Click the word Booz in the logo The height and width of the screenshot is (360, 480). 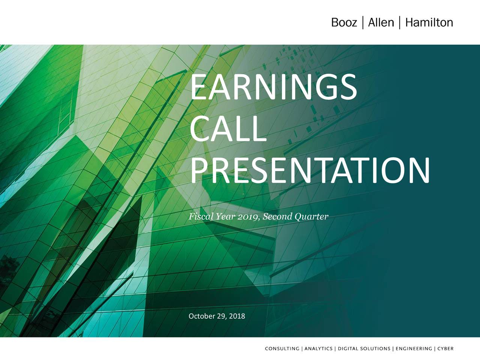click(344, 22)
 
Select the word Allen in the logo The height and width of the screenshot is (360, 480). click(381, 22)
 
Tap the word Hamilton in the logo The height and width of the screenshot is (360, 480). click(429, 22)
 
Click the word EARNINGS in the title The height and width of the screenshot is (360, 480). click(273, 87)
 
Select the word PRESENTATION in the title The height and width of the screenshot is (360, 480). click(310, 170)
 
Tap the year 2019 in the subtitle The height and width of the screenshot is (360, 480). click(249, 217)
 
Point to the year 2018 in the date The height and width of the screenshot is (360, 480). click(237, 316)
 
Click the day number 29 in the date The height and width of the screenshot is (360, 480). click(221, 316)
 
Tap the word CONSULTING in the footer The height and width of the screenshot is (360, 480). click(282, 349)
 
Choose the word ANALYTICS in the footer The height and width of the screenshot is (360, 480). click(318, 349)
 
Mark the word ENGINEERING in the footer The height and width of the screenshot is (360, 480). click(414, 349)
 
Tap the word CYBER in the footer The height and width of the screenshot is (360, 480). click(445, 349)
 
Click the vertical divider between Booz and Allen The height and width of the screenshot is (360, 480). click(363, 22)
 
